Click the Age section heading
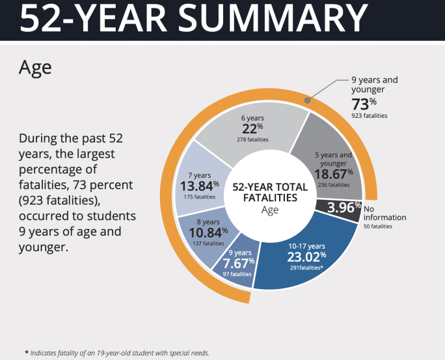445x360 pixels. [35, 67]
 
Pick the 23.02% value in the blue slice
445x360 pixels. [306, 256]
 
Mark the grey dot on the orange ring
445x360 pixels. [308, 101]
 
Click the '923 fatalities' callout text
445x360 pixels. [369, 116]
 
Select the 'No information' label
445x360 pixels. [384, 214]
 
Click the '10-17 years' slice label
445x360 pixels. [306, 245]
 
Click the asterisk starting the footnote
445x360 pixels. [27, 352]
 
